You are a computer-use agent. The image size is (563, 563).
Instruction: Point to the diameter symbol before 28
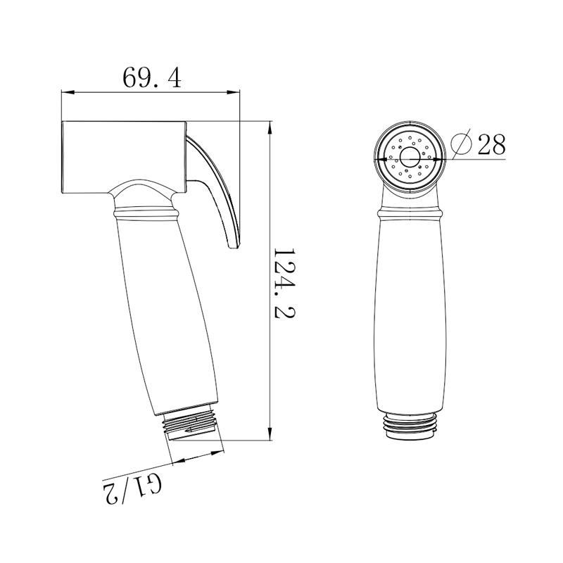[x=460, y=144]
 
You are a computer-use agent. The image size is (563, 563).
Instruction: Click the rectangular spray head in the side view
[x=123, y=156]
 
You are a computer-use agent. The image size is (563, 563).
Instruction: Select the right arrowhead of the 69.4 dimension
[x=237, y=92]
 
